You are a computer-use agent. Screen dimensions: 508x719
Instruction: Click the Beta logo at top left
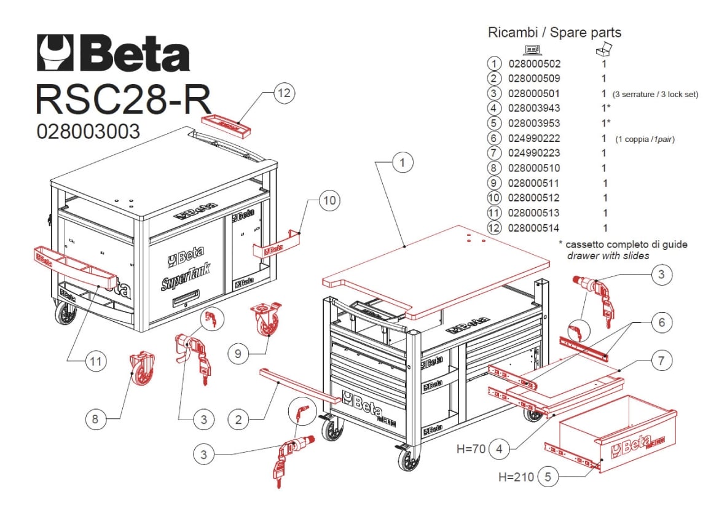tap(114, 53)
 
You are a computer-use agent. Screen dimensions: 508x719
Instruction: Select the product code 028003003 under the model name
tap(88, 131)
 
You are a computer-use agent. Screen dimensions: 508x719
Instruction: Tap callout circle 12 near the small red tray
tap(283, 94)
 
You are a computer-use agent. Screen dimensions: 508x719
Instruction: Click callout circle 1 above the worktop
tap(402, 163)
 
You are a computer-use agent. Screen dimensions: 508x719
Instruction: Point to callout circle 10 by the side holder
tap(329, 201)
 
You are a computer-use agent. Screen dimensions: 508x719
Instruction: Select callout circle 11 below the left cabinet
tap(94, 362)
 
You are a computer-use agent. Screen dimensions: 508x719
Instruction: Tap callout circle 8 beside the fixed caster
tap(95, 420)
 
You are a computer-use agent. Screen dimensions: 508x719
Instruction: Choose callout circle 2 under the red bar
tap(238, 420)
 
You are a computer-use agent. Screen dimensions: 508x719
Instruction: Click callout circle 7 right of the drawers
tap(661, 361)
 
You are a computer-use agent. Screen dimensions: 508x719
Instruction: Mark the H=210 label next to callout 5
tap(515, 476)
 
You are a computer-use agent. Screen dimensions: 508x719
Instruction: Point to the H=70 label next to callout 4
tap(471, 449)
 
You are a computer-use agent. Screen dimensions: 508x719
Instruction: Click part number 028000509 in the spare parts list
tap(534, 79)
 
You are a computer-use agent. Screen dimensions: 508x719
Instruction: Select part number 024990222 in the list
tap(534, 138)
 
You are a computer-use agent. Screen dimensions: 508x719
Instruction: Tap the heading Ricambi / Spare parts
tap(554, 33)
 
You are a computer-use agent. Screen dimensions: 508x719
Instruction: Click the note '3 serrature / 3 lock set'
tap(655, 95)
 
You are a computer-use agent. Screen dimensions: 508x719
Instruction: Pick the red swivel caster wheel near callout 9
tap(265, 320)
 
